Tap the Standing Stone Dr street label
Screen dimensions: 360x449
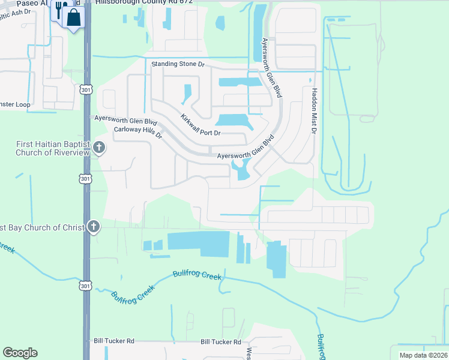[178, 64]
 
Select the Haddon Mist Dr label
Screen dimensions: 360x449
[313, 112]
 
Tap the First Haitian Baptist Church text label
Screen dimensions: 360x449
[53, 148]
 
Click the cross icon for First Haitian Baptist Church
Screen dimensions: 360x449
[100, 148]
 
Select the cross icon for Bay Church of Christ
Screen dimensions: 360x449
[93, 227]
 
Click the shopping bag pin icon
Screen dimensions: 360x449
[74, 17]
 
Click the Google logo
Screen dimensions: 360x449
[20, 353]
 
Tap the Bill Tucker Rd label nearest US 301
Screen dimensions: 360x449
[113, 341]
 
